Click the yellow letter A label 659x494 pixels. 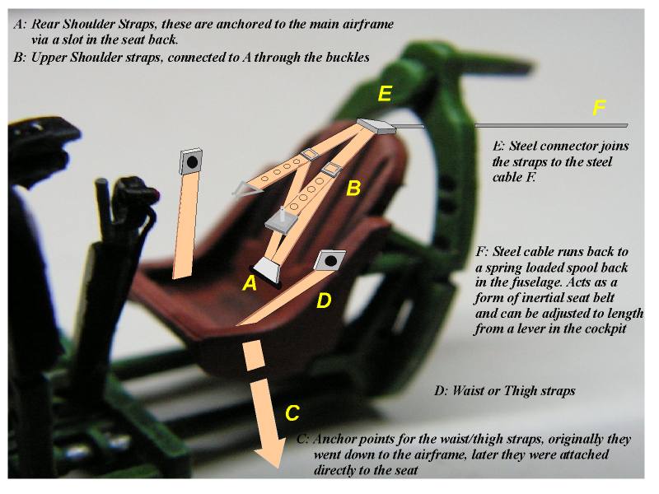[247, 284]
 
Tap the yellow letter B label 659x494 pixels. [353, 189]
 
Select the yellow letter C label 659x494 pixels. [292, 412]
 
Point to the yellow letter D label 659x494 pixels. [324, 301]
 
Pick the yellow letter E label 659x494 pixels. [384, 94]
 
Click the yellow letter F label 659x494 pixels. [600, 107]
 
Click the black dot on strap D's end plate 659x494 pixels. [330, 261]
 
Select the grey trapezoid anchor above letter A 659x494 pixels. [268, 268]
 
